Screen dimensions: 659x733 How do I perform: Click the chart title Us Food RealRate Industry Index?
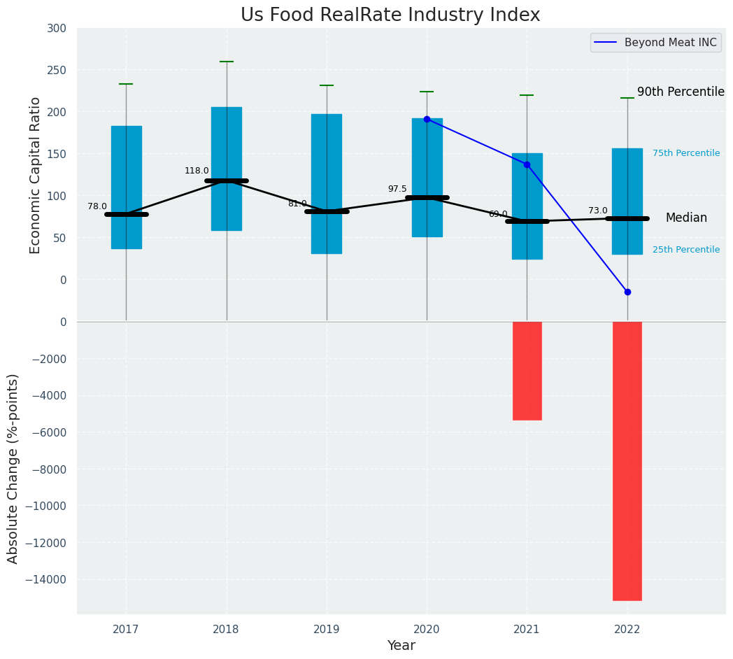(390, 15)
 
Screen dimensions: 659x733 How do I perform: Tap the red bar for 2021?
(527, 371)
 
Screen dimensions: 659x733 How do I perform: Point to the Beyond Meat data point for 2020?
(427, 119)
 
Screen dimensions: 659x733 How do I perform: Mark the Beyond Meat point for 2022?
(627, 292)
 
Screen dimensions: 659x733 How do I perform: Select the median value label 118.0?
(197, 171)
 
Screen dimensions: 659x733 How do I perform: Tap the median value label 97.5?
(397, 189)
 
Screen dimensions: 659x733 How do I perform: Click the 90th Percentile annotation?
(681, 92)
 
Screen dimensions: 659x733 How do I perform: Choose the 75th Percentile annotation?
(686, 153)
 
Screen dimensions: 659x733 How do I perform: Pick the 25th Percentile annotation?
(686, 250)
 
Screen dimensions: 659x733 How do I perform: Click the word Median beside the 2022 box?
(686, 218)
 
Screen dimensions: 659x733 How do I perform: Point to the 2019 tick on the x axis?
(327, 630)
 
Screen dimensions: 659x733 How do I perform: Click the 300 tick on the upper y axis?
(57, 29)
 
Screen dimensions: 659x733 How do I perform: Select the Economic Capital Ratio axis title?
(35, 175)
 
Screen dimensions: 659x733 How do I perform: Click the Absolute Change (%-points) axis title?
(13, 468)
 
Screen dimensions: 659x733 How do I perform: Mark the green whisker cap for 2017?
(126, 84)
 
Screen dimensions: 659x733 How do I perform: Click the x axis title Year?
(401, 646)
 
